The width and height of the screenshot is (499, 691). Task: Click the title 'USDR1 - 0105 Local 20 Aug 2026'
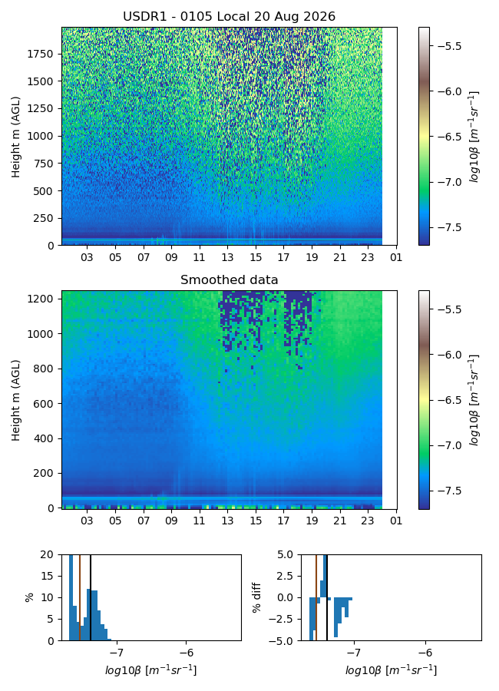(230, 17)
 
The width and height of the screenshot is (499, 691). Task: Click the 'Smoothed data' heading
(230, 279)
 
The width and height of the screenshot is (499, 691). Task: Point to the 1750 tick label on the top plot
(40, 55)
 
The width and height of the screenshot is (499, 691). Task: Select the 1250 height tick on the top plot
(40, 109)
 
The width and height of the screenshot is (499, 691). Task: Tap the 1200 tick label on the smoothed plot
(40, 299)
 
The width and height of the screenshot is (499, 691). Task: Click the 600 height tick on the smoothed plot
(43, 404)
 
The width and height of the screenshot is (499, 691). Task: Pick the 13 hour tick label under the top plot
(227, 257)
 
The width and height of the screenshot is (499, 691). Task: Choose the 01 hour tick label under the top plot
(396, 257)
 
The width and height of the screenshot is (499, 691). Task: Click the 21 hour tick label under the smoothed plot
(339, 521)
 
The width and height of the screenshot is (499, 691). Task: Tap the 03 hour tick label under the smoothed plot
(87, 521)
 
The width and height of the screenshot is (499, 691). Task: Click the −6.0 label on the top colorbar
(447, 91)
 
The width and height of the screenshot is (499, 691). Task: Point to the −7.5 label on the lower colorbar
(447, 491)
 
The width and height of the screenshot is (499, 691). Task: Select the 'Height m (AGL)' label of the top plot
(16, 137)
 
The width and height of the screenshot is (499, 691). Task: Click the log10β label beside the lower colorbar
(474, 400)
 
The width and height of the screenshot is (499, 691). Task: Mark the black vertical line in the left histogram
(91, 597)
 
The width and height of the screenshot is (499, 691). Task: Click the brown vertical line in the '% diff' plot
(316, 597)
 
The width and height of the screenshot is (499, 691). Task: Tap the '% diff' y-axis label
(257, 597)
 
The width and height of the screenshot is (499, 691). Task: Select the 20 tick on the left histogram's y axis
(47, 555)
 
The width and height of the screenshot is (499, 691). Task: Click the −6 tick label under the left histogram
(187, 652)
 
